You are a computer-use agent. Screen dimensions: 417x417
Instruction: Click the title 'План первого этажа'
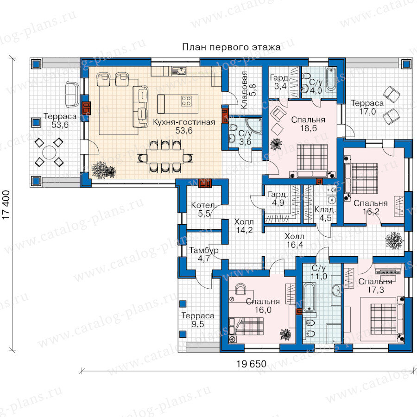point(231,47)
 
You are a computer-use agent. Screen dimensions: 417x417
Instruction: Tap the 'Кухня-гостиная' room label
point(184,122)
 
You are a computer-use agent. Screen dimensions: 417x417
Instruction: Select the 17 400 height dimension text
point(6,205)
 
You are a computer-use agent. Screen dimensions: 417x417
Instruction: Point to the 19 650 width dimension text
point(251,364)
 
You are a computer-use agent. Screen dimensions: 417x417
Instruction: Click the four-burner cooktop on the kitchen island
point(186,101)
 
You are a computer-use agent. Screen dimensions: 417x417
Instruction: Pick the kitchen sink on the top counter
point(180,71)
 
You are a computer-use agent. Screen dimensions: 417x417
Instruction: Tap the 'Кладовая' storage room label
point(244,90)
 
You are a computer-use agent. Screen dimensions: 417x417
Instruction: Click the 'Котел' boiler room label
point(202,205)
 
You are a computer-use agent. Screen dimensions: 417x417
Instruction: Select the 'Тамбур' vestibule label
point(204,250)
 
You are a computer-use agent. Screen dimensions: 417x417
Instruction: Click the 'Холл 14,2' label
point(244,226)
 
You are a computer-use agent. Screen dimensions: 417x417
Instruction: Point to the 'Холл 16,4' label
point(294,240)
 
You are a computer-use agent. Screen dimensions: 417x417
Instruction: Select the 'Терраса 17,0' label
point(367,107)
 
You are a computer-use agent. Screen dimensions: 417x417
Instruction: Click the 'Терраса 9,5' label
point(198,320)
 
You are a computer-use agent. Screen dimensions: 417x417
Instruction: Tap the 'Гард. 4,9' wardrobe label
point(278,199)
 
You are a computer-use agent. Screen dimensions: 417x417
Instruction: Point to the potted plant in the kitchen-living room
point(103,170)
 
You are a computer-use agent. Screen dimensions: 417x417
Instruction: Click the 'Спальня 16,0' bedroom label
point(263,306)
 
